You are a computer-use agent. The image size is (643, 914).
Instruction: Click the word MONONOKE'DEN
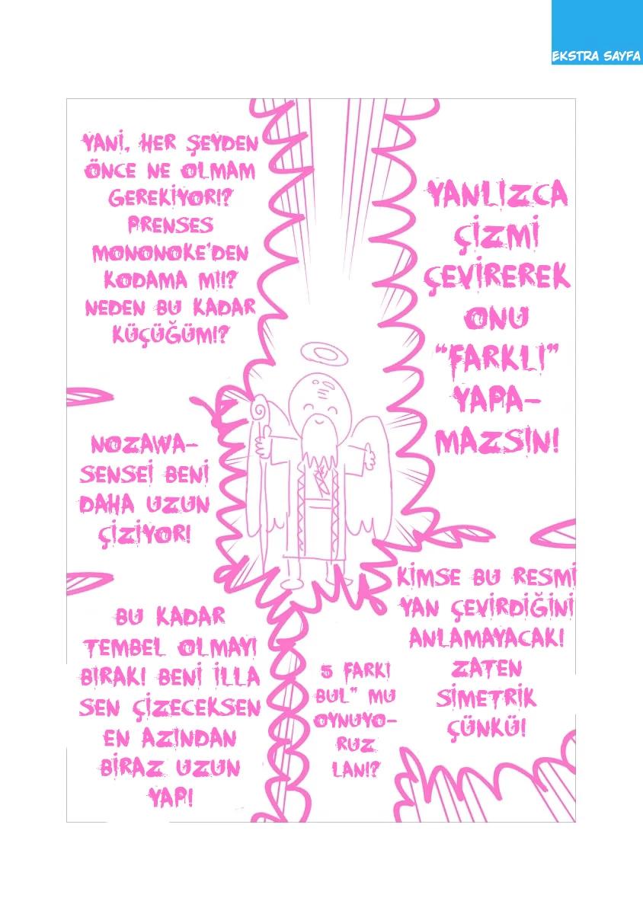point(170,254)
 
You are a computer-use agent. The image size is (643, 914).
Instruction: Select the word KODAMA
point(146,280)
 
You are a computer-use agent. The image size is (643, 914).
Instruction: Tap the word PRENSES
point(170,225)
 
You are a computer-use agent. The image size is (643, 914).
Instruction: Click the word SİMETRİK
point(486,698)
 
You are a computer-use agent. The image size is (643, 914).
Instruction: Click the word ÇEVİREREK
point(497,276)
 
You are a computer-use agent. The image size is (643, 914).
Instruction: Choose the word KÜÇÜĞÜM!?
point(170,335)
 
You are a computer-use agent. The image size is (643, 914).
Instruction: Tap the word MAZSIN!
point(497,443)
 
